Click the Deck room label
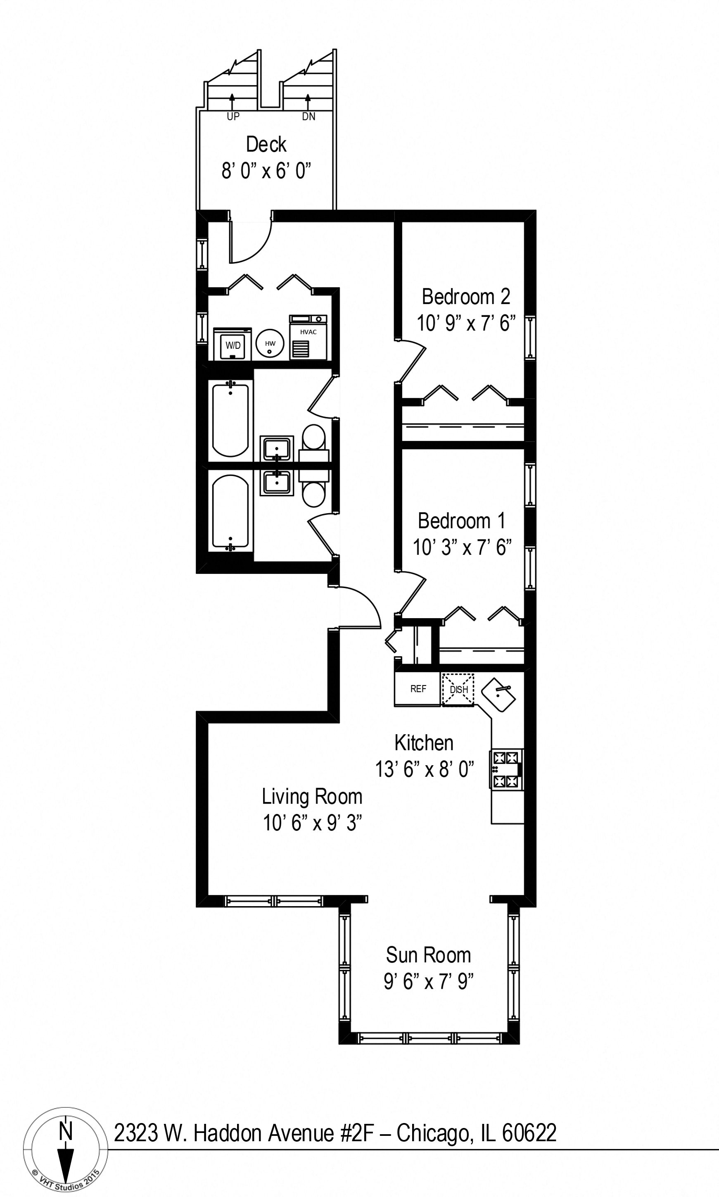(x=266, y=145)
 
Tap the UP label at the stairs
(x=233, y=116)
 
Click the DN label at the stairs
(x=308, y=116)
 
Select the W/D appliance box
(x=233, y=345)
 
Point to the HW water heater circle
(x=270, y=344)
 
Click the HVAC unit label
(x=308, y=332)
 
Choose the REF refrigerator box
(x=418, y=689)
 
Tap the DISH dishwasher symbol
(x=458, y=689)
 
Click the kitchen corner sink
(x=498, y=695)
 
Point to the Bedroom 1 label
(x=461, y=521)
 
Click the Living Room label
(x=312, y=797)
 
